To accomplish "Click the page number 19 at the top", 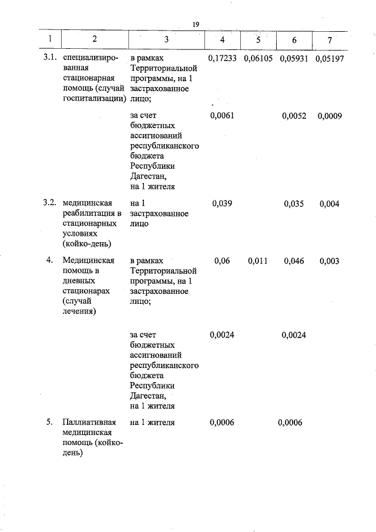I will pyautogui.click(x=196, y=24).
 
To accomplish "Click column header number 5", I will pyautogui.click(x=257, y=39).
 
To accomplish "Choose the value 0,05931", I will pyautogui.click(x=294, y=59).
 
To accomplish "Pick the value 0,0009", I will pyautogui.click(x=330, y=116).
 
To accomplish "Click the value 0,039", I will pyautogui.click(x=221, y=203).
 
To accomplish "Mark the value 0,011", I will pyautogui.click(x=257, y=260).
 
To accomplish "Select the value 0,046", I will pyautogui.click(x=294, y=260).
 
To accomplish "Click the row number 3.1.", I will pyautogui.click(x=50, y=59).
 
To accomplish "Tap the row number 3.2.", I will pyautogui.click(x=50, y=203).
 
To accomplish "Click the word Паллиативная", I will pyautogui.click(x=89, y=422).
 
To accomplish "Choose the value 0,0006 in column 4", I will pyautogui.click(x=221, y=422).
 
